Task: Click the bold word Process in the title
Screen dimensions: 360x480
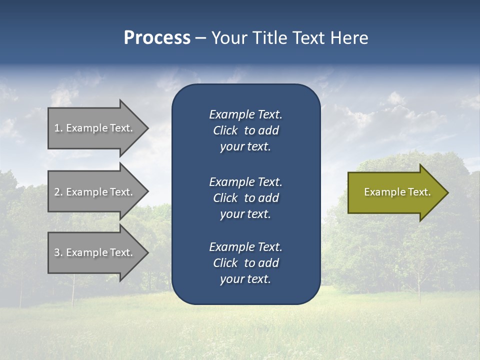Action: tap(157, 38)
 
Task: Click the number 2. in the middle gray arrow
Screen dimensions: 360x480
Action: tap(58, 192)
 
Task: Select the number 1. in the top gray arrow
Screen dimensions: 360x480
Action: tap(58, 128)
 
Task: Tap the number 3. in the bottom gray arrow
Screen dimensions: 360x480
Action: tap(58, 252)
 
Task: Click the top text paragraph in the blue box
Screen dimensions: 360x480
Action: tap(245, 130)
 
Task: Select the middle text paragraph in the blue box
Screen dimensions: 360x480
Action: tap(245, 198)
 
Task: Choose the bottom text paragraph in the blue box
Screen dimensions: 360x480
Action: tap(245, 263)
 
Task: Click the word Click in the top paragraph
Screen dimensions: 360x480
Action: tap(225, 130)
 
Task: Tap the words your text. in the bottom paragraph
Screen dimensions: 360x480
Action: tap(245, 279)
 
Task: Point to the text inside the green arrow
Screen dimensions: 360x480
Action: tap(397, 192)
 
